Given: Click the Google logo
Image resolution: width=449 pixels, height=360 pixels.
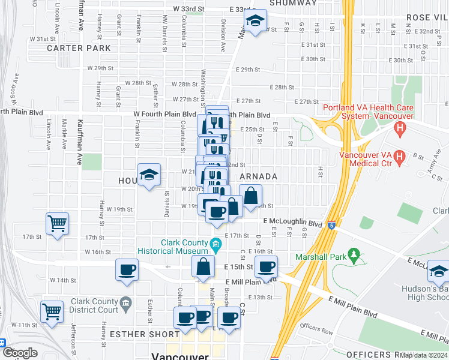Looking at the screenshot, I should tap(20, 353).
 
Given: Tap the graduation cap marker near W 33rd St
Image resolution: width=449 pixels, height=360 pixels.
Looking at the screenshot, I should tap(255, 22).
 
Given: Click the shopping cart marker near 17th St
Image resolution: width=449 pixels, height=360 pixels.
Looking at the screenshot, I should tap(57, 224).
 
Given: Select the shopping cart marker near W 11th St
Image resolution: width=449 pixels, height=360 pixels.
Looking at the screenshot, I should tap(52, 311).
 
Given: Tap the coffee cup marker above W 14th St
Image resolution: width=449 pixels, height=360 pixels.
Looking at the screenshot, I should tap(127, 269).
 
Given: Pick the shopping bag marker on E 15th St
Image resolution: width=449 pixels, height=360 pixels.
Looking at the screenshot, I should tap(203, 266).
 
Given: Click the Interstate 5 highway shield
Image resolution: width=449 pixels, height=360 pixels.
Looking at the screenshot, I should tap(331, 226).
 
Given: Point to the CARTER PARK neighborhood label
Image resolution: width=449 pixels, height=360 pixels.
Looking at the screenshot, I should tap(79, 47).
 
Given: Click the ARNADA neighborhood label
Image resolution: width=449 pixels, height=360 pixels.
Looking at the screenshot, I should tap(259, 176).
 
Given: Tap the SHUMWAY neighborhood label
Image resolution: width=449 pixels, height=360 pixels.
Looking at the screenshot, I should tap(292, 3).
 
